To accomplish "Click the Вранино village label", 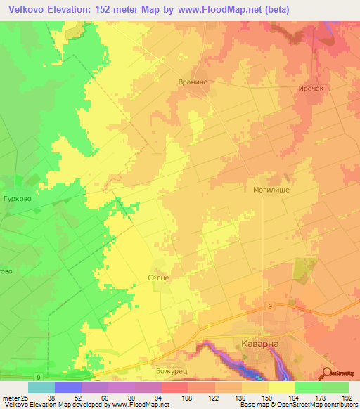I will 191,82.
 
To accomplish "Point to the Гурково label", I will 15,199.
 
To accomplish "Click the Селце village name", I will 158,278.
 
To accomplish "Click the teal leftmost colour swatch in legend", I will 41,387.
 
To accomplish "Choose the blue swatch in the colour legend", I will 67,387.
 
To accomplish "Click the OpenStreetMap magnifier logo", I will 327,373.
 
